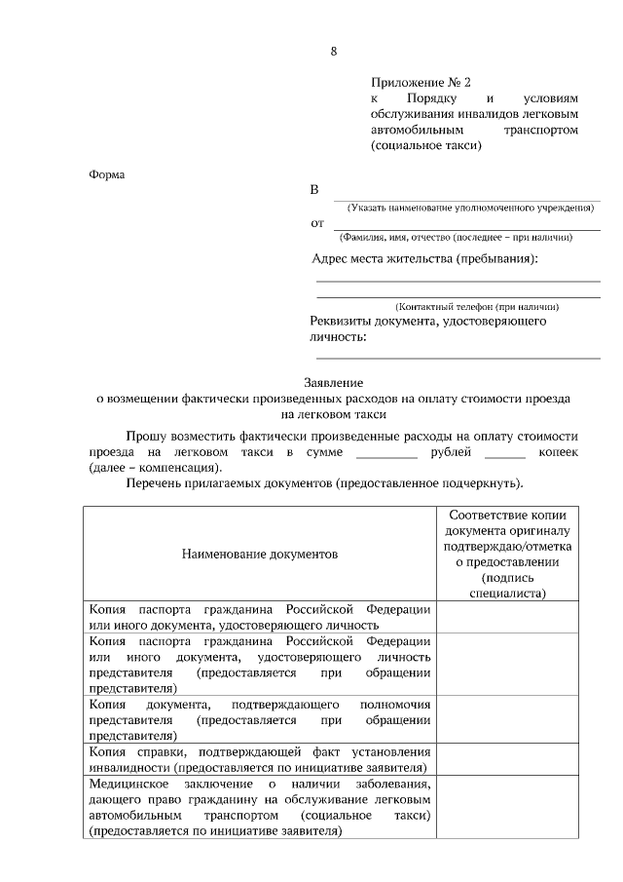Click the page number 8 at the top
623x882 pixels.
tap(334, 50)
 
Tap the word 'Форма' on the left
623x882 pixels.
tap(107, 175)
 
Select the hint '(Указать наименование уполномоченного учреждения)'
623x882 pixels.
tap(470, 209)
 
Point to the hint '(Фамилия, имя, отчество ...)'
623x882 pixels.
tap(455, 238)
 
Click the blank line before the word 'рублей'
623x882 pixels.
tap(386, 454)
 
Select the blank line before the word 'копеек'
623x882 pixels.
tap(504, 454)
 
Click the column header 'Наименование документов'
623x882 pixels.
tap(259, 554)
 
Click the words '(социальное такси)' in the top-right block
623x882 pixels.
tap(426, 145)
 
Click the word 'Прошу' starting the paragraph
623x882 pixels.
tap(146, 438)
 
